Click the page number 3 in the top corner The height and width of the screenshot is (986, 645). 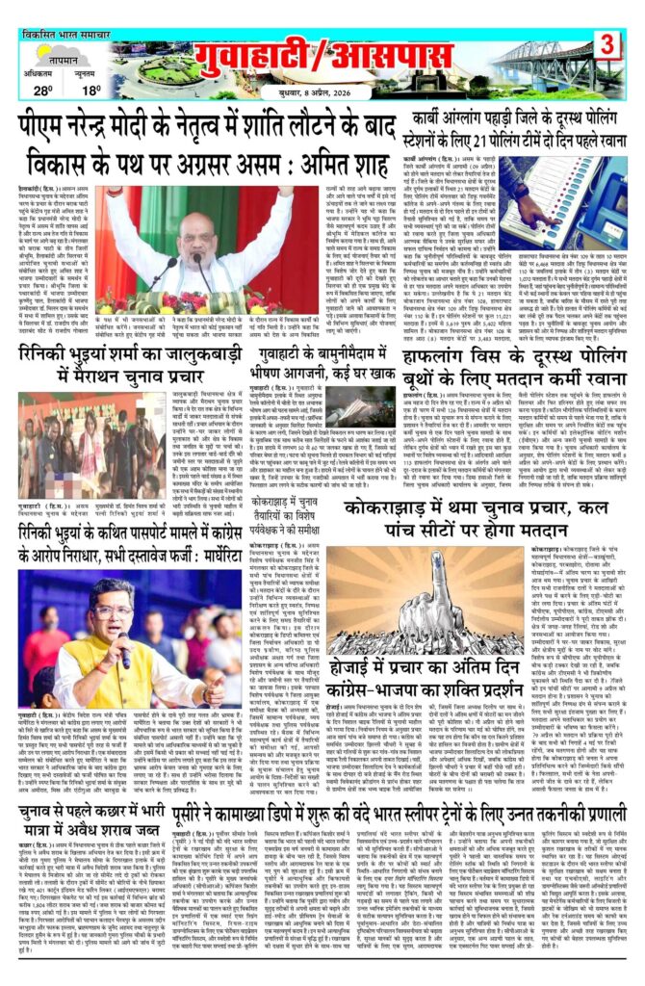(x=608, y=44)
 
